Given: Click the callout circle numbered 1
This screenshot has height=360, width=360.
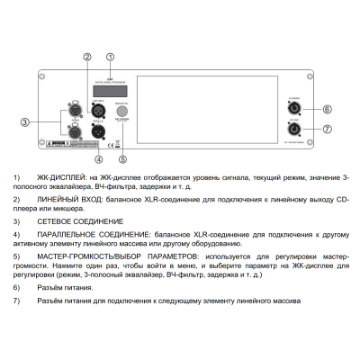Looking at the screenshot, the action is pos(111,55).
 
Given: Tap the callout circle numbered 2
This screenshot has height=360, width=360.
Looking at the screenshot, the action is pos(87,56).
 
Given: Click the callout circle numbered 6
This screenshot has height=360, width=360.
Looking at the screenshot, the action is pos(328,109).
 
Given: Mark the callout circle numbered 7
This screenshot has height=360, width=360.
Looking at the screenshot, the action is pos(328,130).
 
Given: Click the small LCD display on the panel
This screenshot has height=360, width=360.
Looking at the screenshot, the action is pos(110,90).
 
